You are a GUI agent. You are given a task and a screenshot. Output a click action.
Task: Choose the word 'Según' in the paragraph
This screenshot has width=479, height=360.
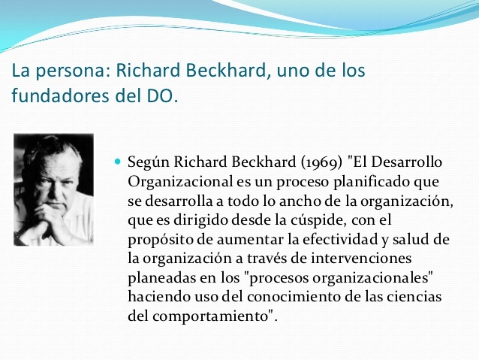coord(146,163)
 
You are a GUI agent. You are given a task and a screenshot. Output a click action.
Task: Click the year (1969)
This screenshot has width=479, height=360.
coord(318,163)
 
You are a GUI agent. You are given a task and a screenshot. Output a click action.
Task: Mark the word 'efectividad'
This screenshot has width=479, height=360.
coord(326,239)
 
